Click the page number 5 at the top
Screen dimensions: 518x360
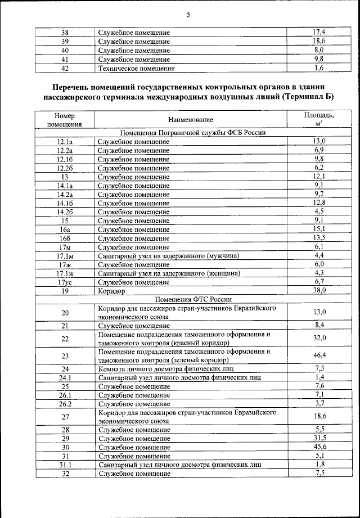click(188, 15)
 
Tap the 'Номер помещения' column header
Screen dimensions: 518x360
click(65, 120)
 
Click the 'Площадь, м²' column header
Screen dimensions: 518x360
click(319, 119)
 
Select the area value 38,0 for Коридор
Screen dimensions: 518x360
click(319, 290)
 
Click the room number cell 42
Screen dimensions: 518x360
click(65, 69)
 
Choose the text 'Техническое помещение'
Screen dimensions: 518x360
click(136, 69)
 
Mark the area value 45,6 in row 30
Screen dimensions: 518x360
click(319, 447)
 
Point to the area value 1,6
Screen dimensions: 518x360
click(319, 69)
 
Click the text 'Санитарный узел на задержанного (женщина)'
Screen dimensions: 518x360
click(169, 273)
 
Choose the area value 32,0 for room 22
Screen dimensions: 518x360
click(319, 338)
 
